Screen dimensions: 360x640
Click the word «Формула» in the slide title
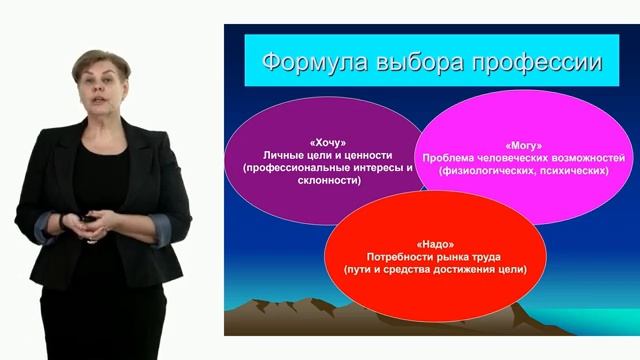coord(308,64)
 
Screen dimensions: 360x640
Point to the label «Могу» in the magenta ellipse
coord(524,145)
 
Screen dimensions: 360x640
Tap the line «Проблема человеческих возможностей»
coord(524,158)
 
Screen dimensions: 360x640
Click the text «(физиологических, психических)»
coord(524,171)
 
